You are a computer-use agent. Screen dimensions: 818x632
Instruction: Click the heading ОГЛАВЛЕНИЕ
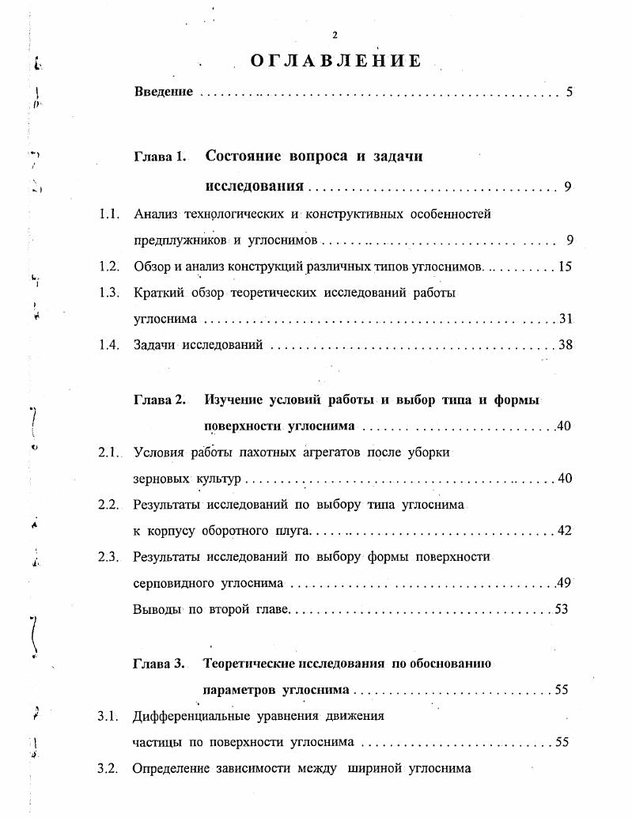pyautogui.click(x=335, y=61)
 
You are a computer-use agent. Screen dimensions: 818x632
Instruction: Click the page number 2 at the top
pyautogui.click(x=335, y=35)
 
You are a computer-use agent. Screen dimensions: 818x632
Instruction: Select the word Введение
pyautogui.click(x=164, y=92)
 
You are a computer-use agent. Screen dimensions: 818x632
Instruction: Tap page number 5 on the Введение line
pyautogui.click(x=569, y=92)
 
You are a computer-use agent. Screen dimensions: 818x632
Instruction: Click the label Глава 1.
pyautogui.click(x=161, y=157)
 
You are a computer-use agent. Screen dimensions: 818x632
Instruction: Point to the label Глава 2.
pyautogui.click(x=161, y=400)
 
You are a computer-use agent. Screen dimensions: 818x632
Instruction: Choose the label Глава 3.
pyautogui.click(x=159, y=664)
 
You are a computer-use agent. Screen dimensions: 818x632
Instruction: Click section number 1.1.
pyautogui.click(x=108, y=214)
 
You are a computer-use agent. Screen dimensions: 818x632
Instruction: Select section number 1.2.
pyautogui.click(x=108, y=267)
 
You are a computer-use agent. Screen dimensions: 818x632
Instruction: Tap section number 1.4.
pyautogui.click(x=108, y=345)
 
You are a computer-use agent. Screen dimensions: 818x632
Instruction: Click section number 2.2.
pyautogui.click(x=108, y=504)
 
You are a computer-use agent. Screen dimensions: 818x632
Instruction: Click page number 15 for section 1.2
pyautogui.click(x=565, y=267)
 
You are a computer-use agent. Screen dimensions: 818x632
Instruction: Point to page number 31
pyautogui.click(x=565, y=319)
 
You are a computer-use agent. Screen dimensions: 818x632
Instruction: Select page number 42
pyautogui.click(x=564, y=530)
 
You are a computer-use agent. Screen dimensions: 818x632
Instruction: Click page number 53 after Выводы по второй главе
pyautogui.click(x=562, y=609)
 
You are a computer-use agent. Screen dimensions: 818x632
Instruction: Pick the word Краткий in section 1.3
pyautogui.click(x=158, y=293)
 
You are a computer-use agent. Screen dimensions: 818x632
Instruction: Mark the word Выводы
pyautogui.click(x=157, y=609)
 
